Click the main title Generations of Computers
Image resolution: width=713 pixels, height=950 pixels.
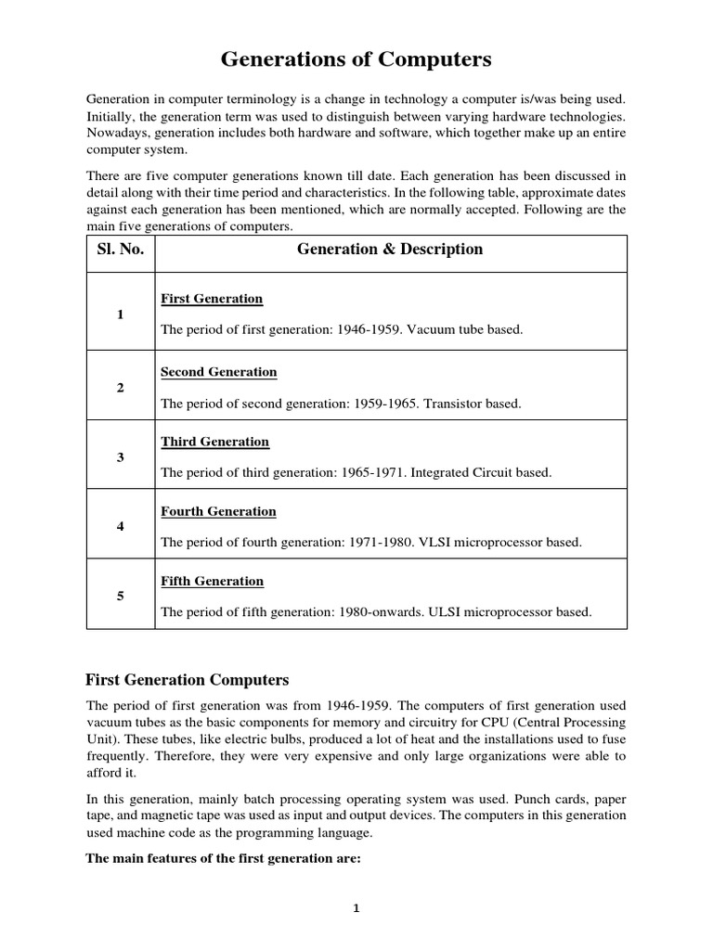click(x=356, y=60)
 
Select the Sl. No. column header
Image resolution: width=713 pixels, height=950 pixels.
click(x=121, y=249)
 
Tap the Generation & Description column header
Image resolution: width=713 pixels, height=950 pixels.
click(x=390, y=249)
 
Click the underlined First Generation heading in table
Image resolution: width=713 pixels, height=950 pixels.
click(x=212, y=299)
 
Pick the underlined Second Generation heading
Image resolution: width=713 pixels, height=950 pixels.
click(x=219, y=372)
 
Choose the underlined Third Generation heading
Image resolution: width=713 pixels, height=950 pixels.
click(x=214, y=442)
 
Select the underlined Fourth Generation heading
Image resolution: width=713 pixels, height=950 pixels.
click(x=218, y=511)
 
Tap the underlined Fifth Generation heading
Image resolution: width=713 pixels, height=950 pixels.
click(x=212, y=581)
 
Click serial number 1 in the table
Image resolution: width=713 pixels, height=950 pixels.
click(x=121, y=315)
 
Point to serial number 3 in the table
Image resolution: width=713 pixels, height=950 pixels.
click(x=121, y=457)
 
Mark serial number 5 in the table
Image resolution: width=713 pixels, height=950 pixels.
click(x=121, y=597)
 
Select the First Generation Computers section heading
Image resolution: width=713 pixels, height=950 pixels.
click(x=188, y=679)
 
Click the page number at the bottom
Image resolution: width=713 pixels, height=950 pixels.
click(x=356, y=908)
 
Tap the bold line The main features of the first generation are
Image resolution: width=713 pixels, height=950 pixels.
click(x=223, y=858)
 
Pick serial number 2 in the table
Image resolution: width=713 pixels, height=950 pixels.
click(x=121, y=388)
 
